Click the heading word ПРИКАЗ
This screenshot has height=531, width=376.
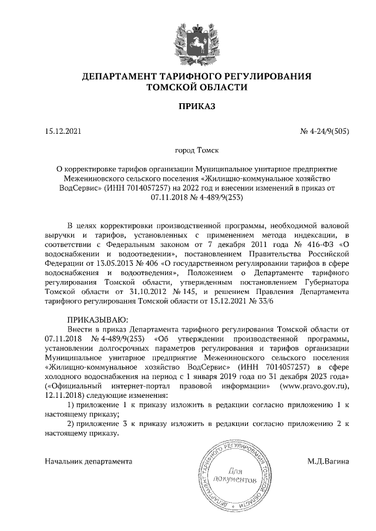(x=187, y=106)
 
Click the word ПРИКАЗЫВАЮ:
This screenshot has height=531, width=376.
(x=95, y=319)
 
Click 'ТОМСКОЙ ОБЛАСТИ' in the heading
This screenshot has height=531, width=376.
(x=187, y=87)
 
